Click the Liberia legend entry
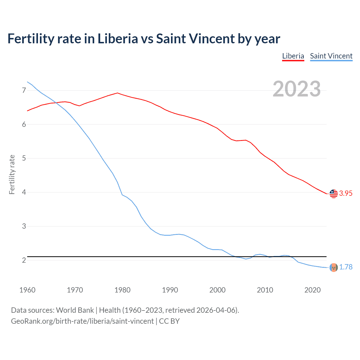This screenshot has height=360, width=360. coord(293,56)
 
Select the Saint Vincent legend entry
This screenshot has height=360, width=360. coord(331,56)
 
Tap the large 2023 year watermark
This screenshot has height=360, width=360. coord(296,89)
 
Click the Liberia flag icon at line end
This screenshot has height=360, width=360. coord(334,193)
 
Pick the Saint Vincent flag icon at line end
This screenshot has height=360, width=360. coord(334,267)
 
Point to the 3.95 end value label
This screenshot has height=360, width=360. coord(346,193)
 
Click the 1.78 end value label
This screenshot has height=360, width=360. coord(346,267)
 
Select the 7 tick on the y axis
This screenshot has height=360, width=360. coord(24,90)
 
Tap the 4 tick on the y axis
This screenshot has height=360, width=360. coord(24,192)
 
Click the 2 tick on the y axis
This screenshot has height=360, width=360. coord(24,260)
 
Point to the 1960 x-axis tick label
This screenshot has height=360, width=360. coord(27,290)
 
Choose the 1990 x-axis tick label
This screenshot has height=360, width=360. coord(170,290)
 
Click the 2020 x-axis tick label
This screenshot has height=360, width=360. coord(312,290)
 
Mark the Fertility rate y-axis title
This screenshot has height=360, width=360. coord(12,174)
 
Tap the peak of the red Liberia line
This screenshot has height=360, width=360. coord(117,93)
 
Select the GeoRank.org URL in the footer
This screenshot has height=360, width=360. coord(82,321)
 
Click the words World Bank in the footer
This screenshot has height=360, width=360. coord(75,310)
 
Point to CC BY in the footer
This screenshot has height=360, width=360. coord(169,321)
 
